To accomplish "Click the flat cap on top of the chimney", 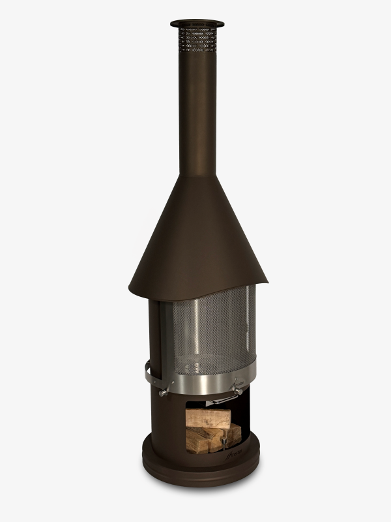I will pos(197,23).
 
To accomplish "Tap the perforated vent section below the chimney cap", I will pos(197,39).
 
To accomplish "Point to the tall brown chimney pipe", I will pos(197,111).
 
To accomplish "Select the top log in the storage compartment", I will pos(209,418).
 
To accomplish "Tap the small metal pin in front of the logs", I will pos(224,444).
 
